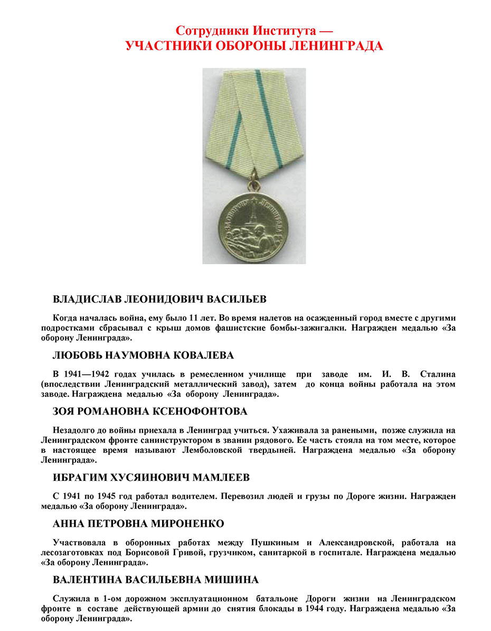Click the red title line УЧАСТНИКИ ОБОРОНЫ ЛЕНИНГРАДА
254,47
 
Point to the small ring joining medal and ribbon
254,185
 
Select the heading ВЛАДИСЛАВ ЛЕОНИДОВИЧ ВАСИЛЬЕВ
160,300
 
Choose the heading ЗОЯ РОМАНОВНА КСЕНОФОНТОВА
150,411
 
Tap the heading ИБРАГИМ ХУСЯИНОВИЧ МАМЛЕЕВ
152,478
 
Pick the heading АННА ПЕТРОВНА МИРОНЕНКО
139,524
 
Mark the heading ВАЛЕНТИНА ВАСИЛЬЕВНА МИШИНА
156,580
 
